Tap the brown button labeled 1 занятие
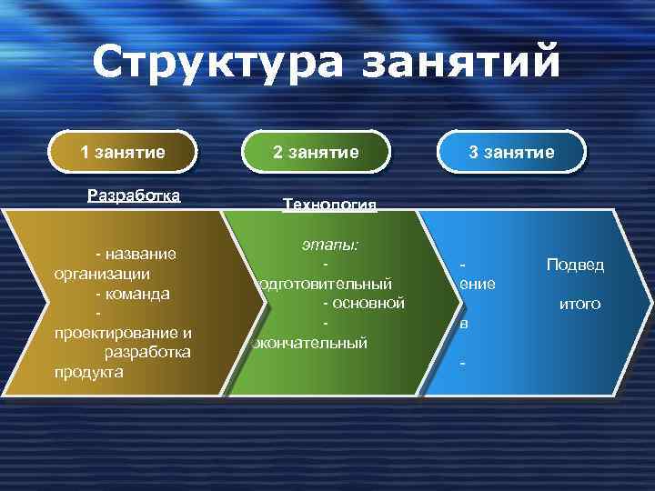124,152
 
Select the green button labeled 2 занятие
316,152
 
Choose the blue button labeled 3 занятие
510,152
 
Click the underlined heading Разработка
134,195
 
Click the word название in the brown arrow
145,253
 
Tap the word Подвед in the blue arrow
575,265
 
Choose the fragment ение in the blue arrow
478,284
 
